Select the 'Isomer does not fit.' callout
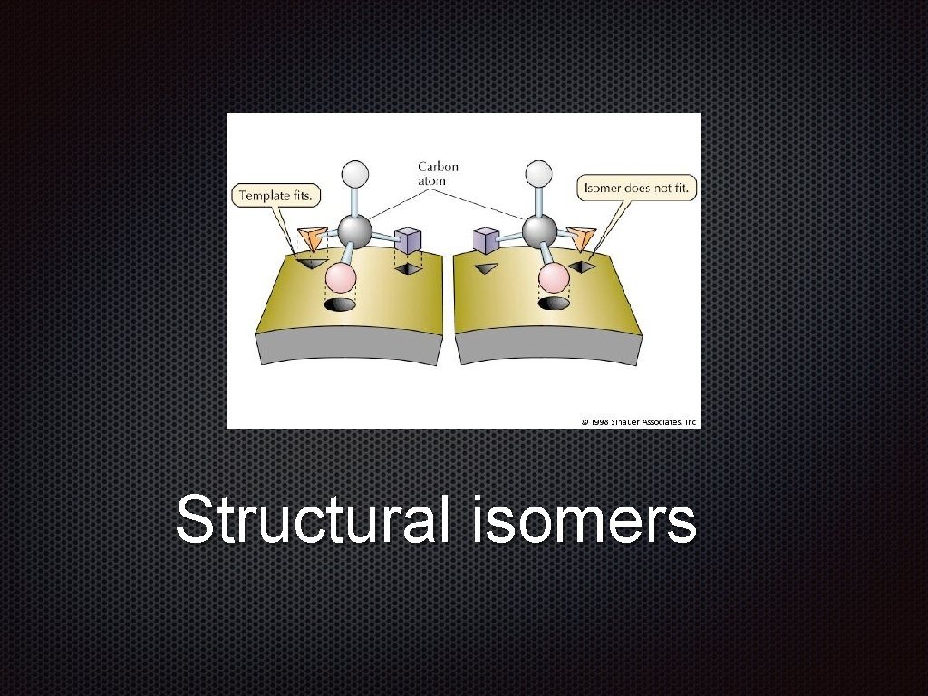(637, 188)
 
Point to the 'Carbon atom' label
(438, 173)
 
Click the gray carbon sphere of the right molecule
(540, 230)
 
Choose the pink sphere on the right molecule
(553, 276)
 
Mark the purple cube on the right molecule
(487, 241)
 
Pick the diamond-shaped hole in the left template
(409, 269)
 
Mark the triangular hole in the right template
(488, 268)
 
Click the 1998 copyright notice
(639, 421)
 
